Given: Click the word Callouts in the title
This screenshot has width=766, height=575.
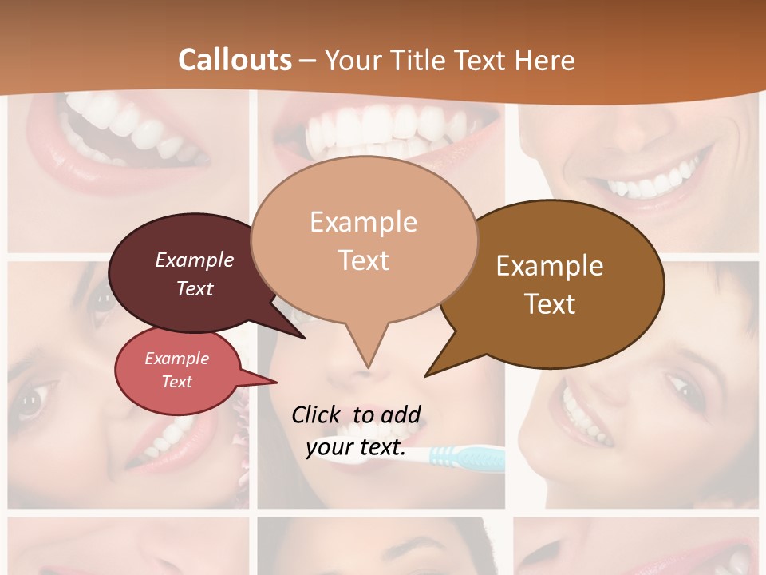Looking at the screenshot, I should [235, 60].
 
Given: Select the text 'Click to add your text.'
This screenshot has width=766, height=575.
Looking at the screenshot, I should [356, 431].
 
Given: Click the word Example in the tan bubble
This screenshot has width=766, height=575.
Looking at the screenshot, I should [363, 222].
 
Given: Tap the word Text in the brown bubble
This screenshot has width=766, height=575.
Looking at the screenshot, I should [550, 303].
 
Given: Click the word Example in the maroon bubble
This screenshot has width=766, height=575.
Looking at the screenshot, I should [194, 260].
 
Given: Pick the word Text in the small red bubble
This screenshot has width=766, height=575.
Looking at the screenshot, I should [177, 382].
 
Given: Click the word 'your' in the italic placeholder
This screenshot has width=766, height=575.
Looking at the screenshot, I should [330, 448].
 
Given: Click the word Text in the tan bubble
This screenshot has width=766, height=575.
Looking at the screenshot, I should [363, 260].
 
